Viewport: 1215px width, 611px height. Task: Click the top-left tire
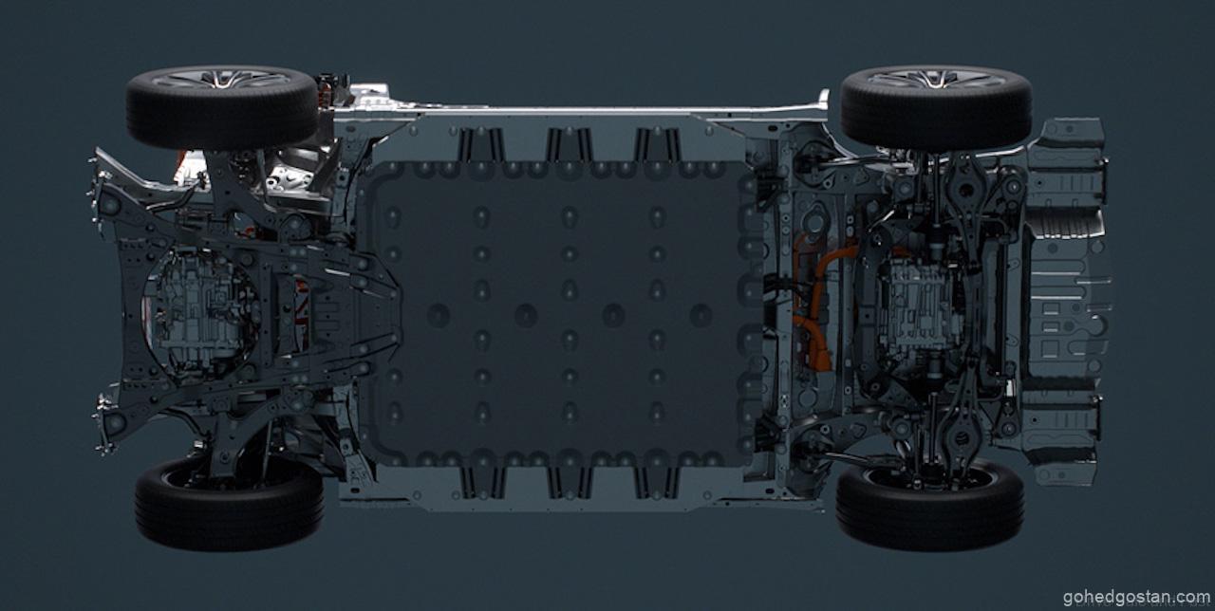pos(221,108)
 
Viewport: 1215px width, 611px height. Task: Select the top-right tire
pos(936,108)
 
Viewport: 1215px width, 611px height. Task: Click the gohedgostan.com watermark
pos(1136,597)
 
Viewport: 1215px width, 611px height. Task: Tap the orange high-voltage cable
pos(813,304)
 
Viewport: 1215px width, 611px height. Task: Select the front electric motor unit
pos(200,314)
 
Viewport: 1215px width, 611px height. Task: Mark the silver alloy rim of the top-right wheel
pos(937,79)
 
